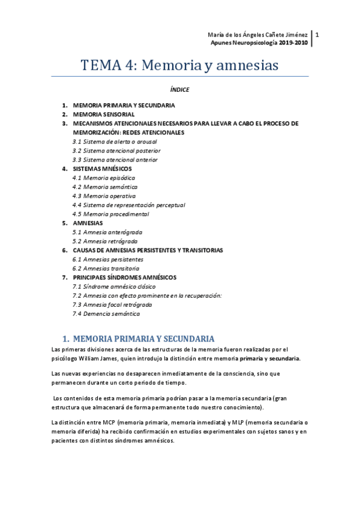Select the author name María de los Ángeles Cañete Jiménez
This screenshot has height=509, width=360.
259,35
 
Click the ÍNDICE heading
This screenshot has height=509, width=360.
179,90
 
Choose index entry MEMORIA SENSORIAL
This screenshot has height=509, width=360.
103,114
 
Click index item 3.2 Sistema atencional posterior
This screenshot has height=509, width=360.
116,151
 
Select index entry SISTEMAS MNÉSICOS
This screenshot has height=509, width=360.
103,169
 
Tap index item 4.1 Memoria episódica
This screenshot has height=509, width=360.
103,178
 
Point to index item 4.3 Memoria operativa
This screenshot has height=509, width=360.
104,196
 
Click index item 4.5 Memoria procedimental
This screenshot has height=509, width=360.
110,214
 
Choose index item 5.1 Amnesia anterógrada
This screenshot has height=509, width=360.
107,232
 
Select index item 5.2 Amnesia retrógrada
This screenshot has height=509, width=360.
104,241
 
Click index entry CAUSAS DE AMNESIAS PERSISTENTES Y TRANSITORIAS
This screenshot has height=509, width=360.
148,250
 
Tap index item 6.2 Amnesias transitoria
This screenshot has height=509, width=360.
106,268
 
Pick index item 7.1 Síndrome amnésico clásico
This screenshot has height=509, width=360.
110,286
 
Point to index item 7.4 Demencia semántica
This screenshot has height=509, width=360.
106,313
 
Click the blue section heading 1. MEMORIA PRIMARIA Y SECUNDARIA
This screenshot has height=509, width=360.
139,339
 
